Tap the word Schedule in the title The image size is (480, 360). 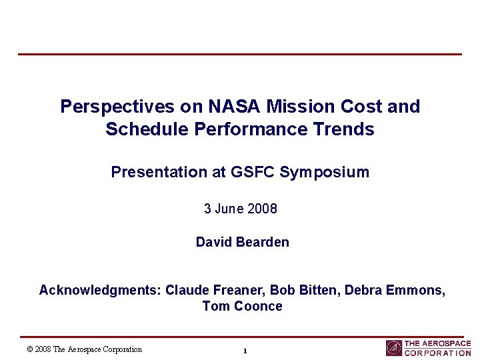click(147, 129)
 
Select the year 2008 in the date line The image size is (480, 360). click(262, 209)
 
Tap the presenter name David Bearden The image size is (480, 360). click(242, 242)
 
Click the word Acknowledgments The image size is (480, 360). click(100, 290)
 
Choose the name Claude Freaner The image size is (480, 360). click(207, 290)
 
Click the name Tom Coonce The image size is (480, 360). click(242, 307)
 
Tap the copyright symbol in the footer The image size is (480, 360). click(30, 349)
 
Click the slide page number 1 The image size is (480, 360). click(245, 351)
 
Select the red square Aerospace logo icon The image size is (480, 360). click(394, 348)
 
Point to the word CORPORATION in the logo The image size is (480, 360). click(437, 353)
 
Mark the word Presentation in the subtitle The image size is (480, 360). click(158, 172)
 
